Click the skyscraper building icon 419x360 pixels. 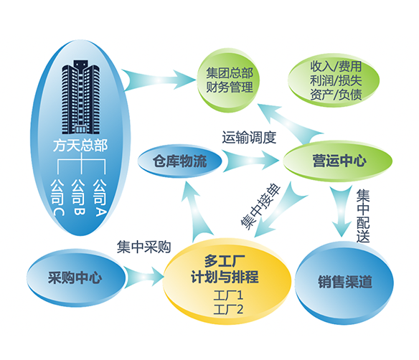click(80, 97)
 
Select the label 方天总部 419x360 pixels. click(80, 146)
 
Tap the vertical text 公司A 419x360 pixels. click(100, 197)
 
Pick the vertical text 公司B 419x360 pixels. click(79, 196)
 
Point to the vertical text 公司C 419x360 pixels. click(57, 197)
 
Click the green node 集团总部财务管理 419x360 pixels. click(228, 80)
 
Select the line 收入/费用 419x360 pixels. click(336, 66)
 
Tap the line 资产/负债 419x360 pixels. click(336, 95)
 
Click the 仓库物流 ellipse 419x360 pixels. click(179, 161)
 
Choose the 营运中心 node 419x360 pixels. click(337, 161)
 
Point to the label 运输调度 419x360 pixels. click(249, 138)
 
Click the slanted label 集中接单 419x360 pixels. click(260, 206)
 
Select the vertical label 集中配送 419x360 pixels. click(363, 216)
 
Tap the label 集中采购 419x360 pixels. click(143, 247)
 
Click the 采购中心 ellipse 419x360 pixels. click(76, 278)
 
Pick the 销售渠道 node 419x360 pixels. click(344, 283)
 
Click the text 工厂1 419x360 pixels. click(228, 295)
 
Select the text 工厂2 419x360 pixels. click(228, 310)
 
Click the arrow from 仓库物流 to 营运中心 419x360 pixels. click(250, 161)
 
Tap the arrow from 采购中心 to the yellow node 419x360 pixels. click(144, 277)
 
